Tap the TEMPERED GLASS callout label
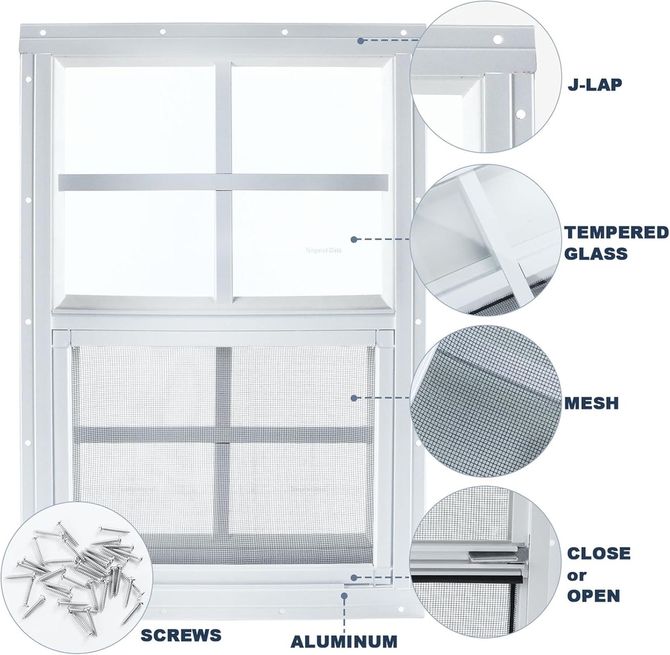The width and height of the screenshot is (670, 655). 616,242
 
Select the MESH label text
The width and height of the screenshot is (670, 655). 591,402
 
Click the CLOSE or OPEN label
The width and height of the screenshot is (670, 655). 598,575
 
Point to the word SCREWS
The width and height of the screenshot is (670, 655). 180,634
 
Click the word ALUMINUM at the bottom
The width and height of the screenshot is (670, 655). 343,641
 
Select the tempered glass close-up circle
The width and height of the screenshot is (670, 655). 484,239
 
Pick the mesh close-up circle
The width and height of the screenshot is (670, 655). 484,402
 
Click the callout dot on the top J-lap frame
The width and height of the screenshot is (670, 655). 360,41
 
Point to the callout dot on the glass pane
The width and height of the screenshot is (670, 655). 353,239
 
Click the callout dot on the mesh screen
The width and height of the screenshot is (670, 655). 353,397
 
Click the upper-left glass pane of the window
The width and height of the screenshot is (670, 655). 139,119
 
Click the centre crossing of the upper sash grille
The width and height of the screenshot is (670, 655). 223,182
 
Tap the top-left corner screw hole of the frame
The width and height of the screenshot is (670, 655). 43,31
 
